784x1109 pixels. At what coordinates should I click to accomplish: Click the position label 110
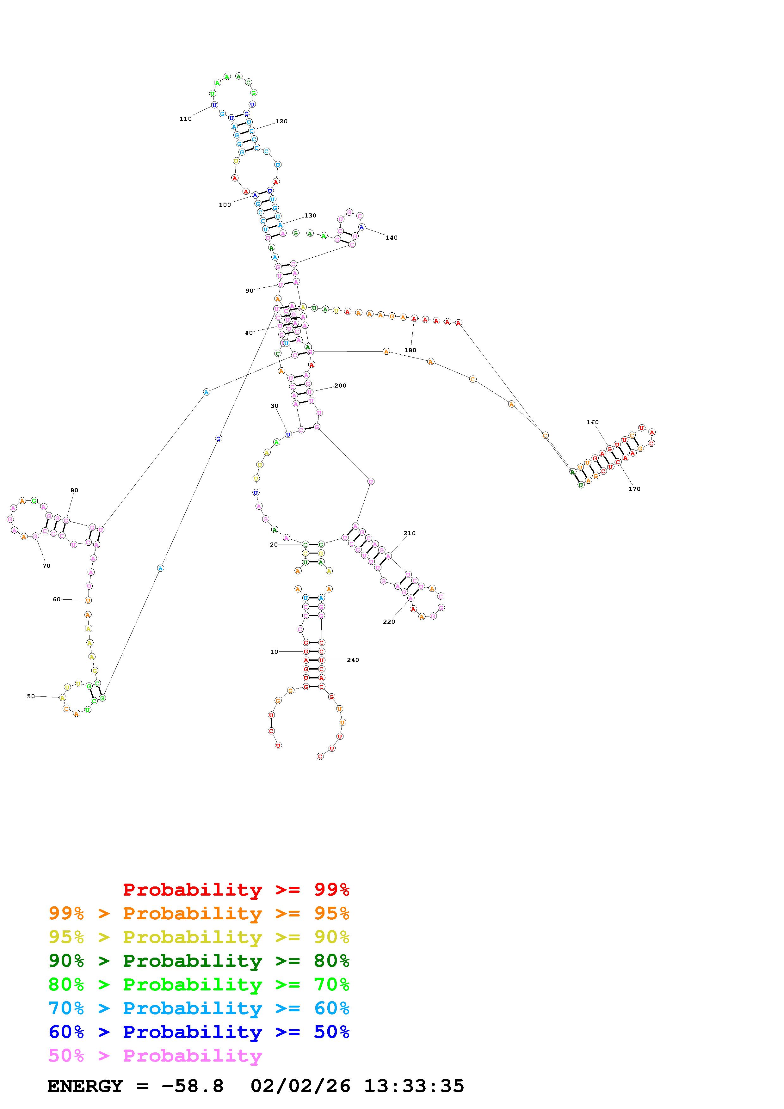[x=186, y=119]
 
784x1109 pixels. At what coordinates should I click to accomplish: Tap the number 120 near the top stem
[x=281, y=121]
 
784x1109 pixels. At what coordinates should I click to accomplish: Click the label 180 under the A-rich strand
[x=410, y=350]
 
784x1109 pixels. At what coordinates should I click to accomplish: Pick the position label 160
[x=592, y=422]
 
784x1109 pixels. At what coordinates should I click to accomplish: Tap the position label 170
[x=634, y=489]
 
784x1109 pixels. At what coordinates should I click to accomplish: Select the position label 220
[x=389, y=622]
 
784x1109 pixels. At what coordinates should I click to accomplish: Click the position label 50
[x=31, y=696]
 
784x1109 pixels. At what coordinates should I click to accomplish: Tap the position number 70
[x=46, y=566]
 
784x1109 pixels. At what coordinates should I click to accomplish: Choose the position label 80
[x=74, y=490]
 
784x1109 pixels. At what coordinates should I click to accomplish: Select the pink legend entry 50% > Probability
[x=155, y=1056]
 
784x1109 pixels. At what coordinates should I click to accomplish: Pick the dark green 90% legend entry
[x=199, y=961]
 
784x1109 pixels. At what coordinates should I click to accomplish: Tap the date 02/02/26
[x=300, y=1086]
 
